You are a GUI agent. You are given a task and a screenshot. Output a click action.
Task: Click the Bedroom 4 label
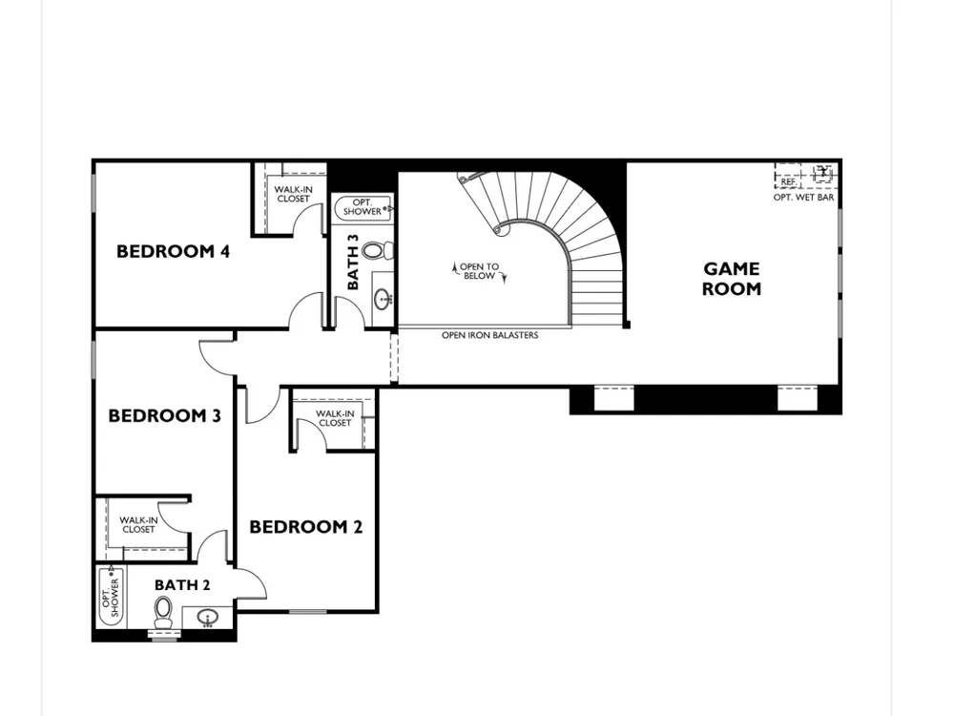[x=174, y=251]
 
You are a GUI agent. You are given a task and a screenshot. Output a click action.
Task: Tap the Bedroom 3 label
[x=164, y=416]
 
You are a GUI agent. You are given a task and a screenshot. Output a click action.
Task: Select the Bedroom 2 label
[x=306, y=527]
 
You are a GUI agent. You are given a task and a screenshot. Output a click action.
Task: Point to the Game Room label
[x=732, y=278]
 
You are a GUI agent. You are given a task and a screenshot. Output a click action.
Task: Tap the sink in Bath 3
[x=384, y=299]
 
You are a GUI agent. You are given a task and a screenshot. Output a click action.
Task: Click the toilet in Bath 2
[x=162, y=612]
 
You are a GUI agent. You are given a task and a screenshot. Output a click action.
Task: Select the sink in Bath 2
[x=207, y=618]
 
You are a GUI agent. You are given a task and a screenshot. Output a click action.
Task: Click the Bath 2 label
[x=182, y=585]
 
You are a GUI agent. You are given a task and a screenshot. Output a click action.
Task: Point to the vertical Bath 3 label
[x=353, y=262]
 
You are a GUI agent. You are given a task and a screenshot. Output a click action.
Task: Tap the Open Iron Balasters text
[x=489, y=335]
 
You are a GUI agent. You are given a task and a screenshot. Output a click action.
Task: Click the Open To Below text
[x=480, y=271]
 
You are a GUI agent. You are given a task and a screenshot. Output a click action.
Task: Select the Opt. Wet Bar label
[x=803, y=198]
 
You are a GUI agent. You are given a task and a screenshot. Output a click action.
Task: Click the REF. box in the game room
[x=788, y=178]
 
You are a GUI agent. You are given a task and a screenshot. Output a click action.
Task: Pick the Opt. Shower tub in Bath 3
[x=363, y=207]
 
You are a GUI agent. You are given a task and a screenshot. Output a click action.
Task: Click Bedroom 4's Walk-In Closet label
[x=293, y=194]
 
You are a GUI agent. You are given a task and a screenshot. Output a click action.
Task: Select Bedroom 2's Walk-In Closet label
[x=335, y=418]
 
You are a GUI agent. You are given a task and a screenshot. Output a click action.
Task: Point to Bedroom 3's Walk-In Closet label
[x=138, y=525]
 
